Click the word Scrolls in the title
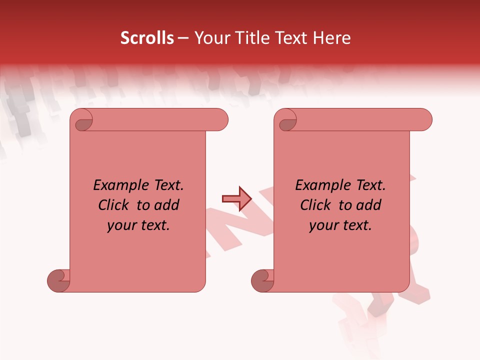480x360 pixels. (x=147, y=38)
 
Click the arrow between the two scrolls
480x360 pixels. (x=236, y=199)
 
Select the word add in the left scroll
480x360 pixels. (x=167, y=205)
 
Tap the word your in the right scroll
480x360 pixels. (x=322, y=226)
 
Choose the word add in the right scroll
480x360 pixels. (x=369, y=205)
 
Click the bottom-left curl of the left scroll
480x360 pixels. (x=58, y=280)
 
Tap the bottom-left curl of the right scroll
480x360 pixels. (x=262, y=280)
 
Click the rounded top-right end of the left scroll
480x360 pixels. (x=220, y=120)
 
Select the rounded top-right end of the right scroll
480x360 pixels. (x=424, y=120)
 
